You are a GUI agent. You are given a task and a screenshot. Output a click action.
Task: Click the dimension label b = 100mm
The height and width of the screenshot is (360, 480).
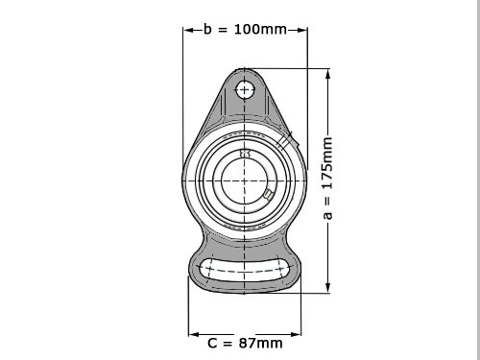click(x=245, y=29)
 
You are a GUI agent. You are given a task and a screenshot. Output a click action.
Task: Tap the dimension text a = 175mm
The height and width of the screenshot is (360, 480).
click(x=327, y=179)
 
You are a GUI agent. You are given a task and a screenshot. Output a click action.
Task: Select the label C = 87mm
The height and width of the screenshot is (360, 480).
click(x=245, y=343)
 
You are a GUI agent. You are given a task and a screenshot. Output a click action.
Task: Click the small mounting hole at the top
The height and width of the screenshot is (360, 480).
click(x=245, y=89)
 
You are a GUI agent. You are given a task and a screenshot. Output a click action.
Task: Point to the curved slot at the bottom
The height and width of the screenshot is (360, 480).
click(x=245, y=270)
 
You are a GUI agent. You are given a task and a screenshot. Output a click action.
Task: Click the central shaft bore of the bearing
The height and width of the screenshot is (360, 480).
click(x=244, y=180)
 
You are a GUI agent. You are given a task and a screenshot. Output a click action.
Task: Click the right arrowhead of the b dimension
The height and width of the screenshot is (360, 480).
click(x=301, y=30)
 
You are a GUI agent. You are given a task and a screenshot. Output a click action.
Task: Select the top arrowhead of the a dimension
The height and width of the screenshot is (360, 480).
click(x=327, y=75)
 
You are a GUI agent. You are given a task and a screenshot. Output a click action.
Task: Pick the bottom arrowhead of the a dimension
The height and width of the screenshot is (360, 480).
click(x=327, y=287)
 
